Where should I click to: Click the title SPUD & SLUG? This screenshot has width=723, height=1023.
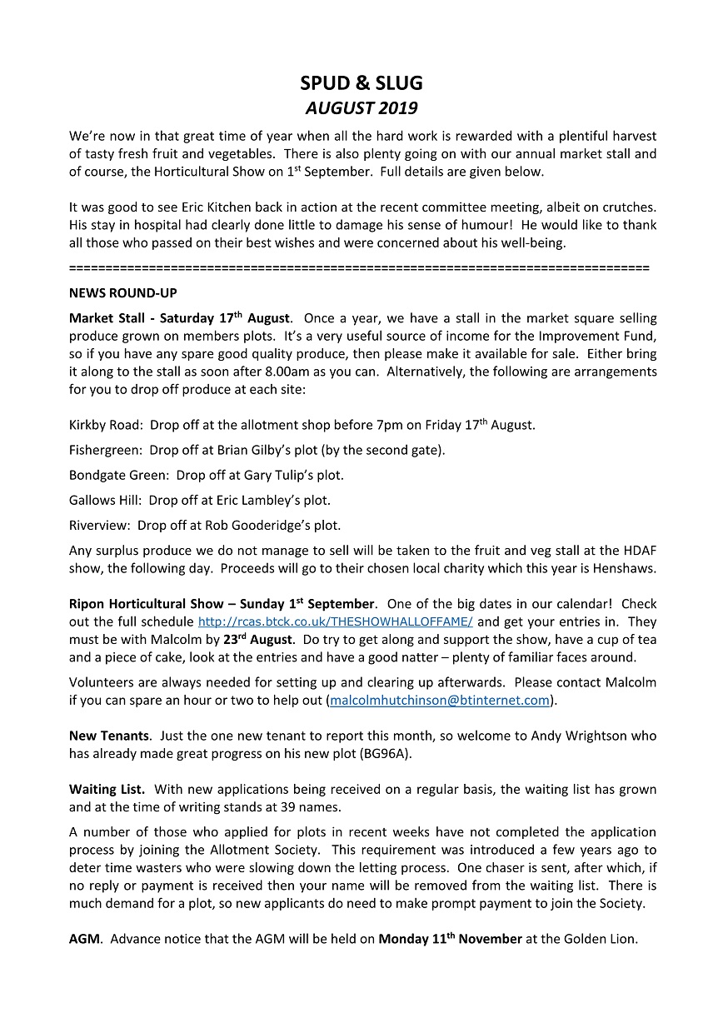point(361,82)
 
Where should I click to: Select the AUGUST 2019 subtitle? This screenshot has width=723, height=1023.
point(361,108)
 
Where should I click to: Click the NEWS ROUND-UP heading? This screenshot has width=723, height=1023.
point(122,293)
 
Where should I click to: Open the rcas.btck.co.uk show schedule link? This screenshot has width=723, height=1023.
point(336,622)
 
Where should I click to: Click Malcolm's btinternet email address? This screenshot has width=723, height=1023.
point(440,701)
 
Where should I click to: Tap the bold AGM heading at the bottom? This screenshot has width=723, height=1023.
point(84,939)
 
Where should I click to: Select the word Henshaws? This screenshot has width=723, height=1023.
point(626,568)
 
